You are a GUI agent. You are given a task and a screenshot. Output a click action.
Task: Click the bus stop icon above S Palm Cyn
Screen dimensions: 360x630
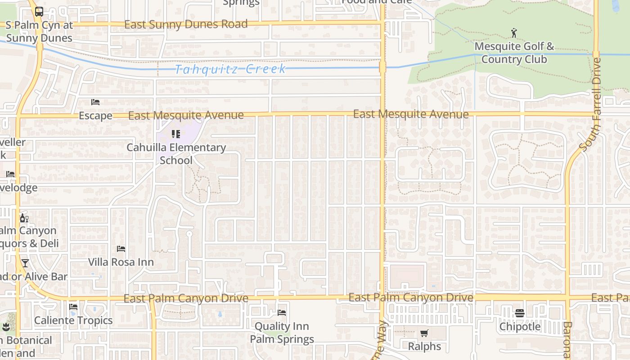pos(39,12)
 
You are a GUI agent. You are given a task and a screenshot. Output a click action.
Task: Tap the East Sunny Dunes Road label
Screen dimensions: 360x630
pos(186,24)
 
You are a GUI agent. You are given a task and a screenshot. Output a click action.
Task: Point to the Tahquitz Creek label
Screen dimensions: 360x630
pos(230,69)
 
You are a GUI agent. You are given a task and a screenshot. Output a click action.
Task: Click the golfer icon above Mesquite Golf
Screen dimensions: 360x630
pos(514,33)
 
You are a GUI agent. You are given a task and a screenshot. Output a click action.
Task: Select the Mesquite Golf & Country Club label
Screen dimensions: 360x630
pos(514,53)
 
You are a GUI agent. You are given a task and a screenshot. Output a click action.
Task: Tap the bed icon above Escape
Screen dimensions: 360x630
pos(95,102)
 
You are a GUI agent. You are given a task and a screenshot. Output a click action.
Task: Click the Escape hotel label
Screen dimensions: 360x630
pos(95,116)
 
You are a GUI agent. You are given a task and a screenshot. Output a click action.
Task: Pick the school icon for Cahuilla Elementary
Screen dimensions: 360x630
pos(176,134)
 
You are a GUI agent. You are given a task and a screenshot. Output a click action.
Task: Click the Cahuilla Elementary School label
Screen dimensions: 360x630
pos(176,153)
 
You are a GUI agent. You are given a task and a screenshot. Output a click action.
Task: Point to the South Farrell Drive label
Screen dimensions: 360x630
pos(590,104)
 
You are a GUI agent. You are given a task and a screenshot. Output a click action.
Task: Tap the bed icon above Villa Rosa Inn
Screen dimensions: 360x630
pos(121,248)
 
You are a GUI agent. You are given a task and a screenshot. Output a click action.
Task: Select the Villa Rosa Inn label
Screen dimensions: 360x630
pos(121,262)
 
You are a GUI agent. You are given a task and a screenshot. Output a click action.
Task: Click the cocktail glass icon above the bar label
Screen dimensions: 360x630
pos(25,263)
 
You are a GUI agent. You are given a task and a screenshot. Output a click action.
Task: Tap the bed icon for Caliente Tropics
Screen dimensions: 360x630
pos(73,307)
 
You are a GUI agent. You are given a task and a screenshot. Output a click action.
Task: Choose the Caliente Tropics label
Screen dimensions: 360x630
pos(73,320)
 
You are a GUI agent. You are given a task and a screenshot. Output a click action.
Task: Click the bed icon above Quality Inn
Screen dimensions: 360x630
pos(282,312)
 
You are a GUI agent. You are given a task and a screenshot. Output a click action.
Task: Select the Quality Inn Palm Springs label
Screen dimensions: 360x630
pos(282,333)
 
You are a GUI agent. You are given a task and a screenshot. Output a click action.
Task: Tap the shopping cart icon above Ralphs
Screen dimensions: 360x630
pos(424,333)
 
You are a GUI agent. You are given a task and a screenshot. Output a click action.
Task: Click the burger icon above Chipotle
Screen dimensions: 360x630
pos(520,313)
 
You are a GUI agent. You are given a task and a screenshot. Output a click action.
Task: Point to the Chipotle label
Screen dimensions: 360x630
pos(520,326)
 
